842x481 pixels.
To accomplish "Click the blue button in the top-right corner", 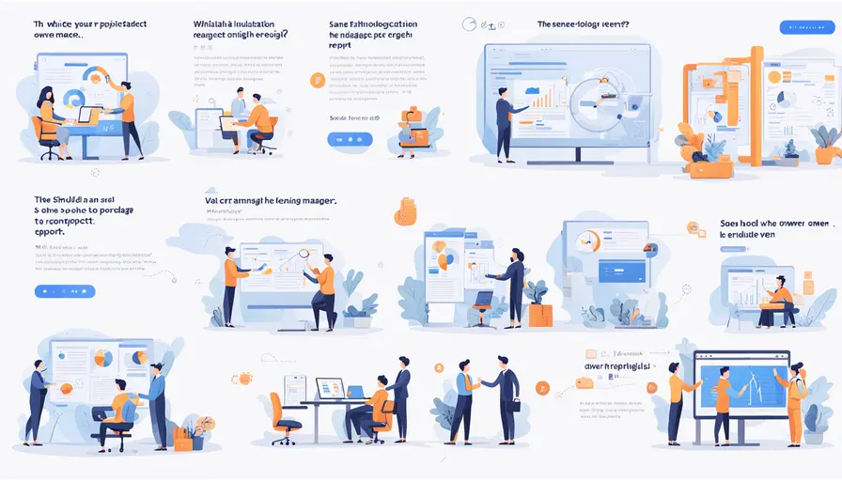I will click(807, 27).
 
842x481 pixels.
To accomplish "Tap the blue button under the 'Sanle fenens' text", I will click(350, 139).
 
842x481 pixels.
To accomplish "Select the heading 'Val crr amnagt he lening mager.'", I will click(271, 200).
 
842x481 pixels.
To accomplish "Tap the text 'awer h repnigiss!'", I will click(618, 365).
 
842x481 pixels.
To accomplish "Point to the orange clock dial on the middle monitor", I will click(589, 241).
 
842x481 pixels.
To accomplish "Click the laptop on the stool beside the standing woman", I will click(483, 300).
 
